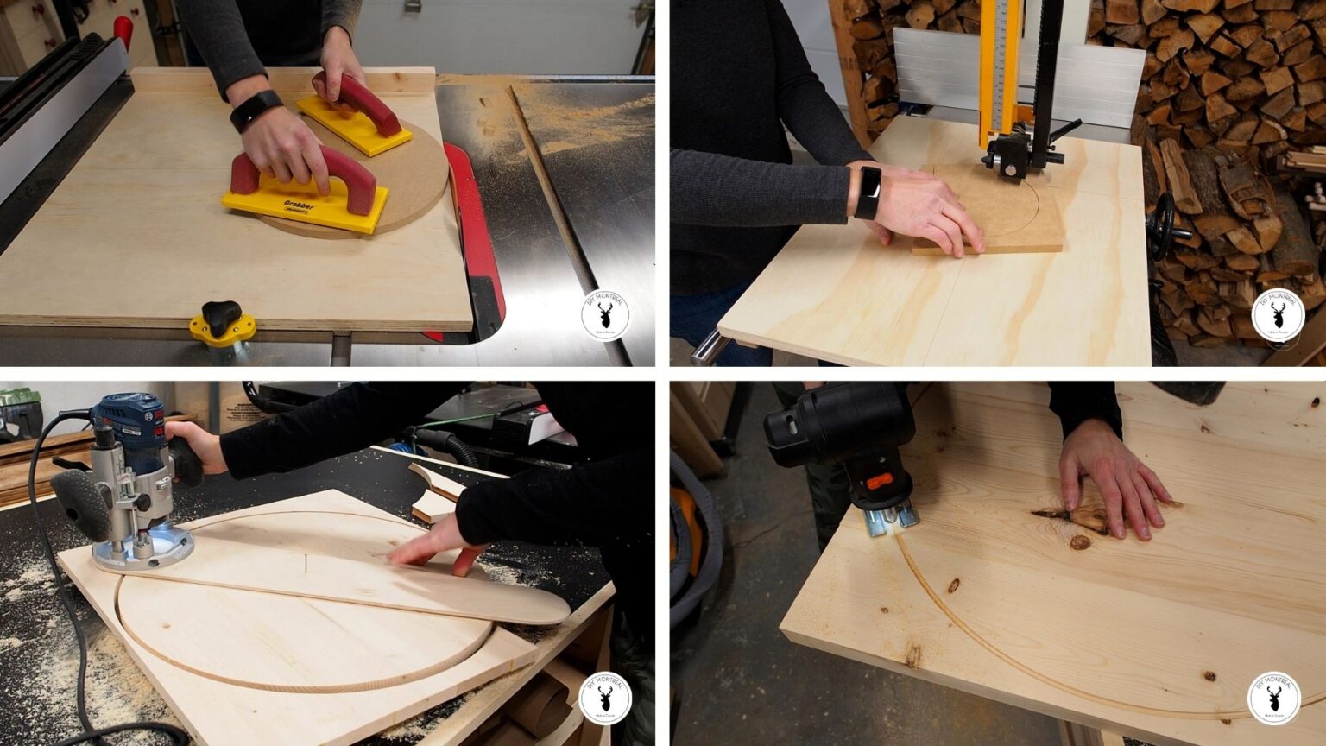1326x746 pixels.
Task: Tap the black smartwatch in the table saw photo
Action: pyautogui.click(x=256, y=111)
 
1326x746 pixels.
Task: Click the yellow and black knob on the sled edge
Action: pyautogui.click(x=222, y=321)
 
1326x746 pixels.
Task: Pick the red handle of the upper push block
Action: pyautogui.click(x=363, y=98)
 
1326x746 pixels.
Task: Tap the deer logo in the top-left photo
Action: pyautogui.click(x=604, y=316)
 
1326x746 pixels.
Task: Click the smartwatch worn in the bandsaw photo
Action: pyautogui.click(x=868, y=192)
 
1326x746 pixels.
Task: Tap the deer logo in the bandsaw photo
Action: pyautogui.click(x=1277, y=315)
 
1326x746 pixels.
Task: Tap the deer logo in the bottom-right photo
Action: pyautogui.click(x=1273, y=698)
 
